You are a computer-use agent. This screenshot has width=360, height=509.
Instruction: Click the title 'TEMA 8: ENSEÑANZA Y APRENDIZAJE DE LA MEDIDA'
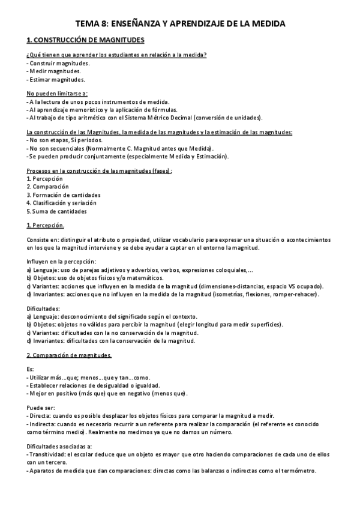coord(180,24)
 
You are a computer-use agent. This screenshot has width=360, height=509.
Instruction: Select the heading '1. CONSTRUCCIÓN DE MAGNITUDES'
coord(86,40)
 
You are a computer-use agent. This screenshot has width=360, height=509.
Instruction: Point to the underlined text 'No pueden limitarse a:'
coord(57,94)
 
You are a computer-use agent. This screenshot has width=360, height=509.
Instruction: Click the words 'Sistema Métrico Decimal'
coord(174,117)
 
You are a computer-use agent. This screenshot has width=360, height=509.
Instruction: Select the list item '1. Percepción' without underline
coord(45,179)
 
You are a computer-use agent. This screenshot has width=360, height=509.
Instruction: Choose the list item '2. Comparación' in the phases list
coord(48,187)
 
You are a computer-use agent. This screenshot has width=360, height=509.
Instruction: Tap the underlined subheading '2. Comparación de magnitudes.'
coord(69,355)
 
